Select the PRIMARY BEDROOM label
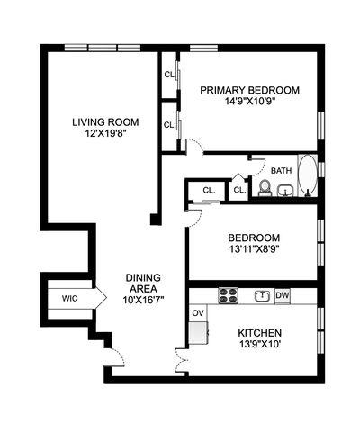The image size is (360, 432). coord(249,90)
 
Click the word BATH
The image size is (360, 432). coord(282,170)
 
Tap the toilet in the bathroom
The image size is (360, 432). coord(265,187)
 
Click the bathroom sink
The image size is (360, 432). coord(284,190)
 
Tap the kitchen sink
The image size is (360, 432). coord(262,294)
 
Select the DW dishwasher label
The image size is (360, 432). coord(283,295)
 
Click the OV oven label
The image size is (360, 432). coord(197,313)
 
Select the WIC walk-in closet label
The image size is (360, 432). coord(70,298)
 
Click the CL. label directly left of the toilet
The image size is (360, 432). coord(239,190)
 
